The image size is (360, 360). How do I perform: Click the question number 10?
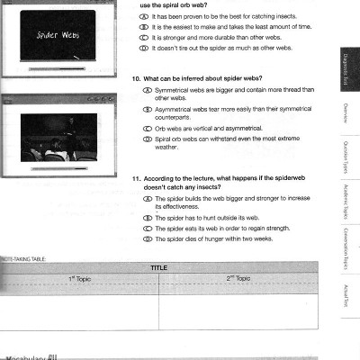[136, 77]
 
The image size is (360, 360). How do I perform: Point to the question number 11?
[136, 178]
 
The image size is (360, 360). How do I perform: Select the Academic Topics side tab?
[345, 209]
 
